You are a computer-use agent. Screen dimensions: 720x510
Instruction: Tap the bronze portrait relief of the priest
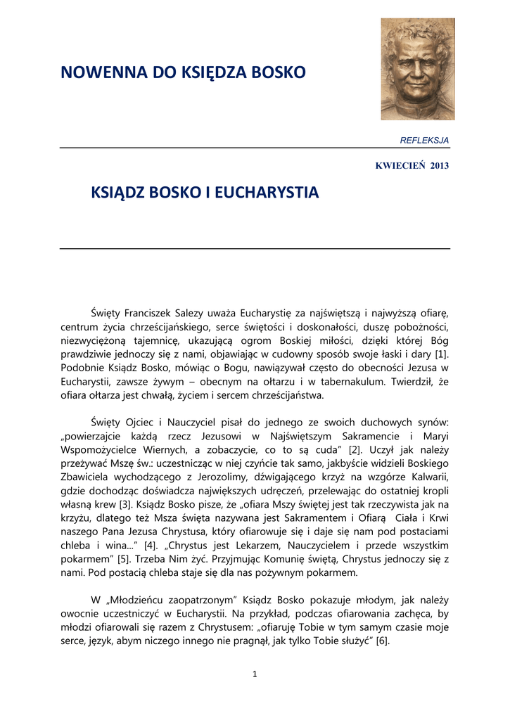(x=417, y=69)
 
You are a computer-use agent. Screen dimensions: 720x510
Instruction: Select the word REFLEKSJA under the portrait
(x=424, y=141)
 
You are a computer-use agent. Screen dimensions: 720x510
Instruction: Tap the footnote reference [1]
(x=441, y=354)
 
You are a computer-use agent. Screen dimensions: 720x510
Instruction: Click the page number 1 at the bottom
(x=255, y=675)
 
